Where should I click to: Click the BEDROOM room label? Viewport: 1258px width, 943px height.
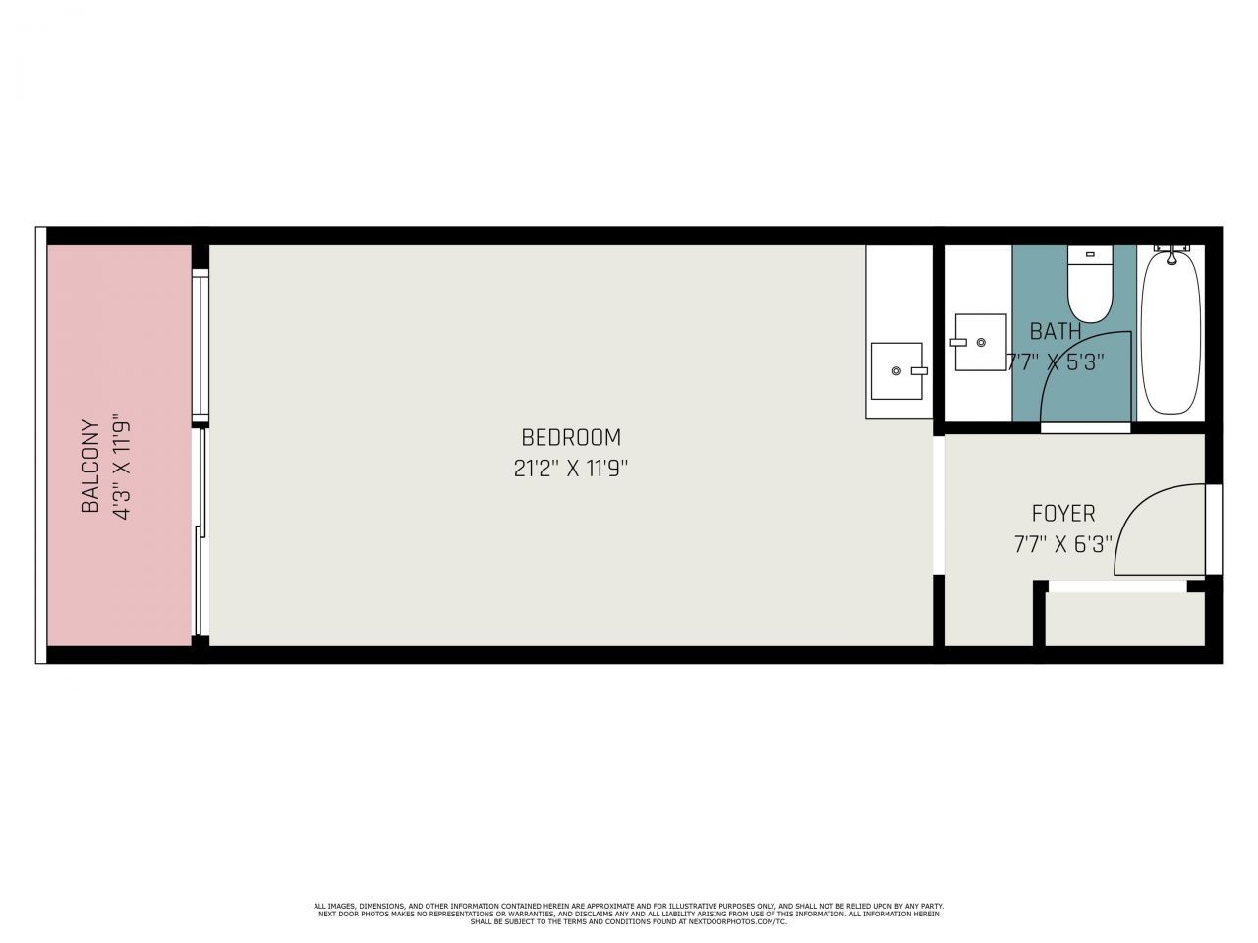[571, 437]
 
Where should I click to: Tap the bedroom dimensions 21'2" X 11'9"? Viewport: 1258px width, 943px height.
[571, 469]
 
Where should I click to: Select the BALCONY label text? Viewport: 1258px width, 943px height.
[90, 467]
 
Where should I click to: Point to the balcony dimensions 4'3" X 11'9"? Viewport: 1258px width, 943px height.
[123, 467]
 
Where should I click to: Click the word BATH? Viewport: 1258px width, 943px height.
[1056, 331]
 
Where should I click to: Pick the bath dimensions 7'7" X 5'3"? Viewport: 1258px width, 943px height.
[1056, 361]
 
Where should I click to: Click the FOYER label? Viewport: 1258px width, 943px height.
[1063, 513]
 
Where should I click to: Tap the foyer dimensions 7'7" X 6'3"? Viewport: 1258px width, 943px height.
[1063, 543]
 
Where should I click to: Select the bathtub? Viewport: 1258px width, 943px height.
[1171, 334]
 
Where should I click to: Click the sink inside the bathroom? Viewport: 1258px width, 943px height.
[980, 342]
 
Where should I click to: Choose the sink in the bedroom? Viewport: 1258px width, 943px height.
[896, 370]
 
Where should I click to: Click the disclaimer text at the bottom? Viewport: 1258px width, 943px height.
[629, 914]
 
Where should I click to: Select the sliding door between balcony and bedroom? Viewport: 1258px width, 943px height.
[201, 530]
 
